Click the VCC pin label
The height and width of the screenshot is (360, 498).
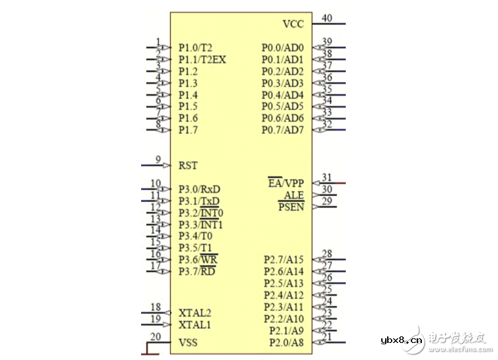(x=293, y=24)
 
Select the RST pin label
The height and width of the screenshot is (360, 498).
(x=188, y=165)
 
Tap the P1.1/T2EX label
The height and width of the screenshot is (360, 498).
(x=202, y=60)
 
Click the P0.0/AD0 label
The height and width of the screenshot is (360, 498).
(x=283, y=48)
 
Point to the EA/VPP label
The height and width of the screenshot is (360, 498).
(x=286, y=183)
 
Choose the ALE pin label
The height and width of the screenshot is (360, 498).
(x=294, y=195)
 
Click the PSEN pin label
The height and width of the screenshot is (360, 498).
(x=291, y=207)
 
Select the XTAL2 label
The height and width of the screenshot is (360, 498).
(x=195, y=313)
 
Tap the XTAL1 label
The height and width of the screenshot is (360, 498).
(x=195, y=325)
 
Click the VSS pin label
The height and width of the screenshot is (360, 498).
(x=188, y=342)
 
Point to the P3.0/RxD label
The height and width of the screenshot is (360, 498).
(x=199, y=190)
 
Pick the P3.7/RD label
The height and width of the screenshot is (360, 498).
(x=197, y=271)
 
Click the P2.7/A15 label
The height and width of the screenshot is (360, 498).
(x=283, y=260)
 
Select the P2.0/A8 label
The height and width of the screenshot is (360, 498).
(x=287, y=342)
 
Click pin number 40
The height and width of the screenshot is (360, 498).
(x=327, y=18)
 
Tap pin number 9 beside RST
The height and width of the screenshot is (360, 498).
(x=158, y=159)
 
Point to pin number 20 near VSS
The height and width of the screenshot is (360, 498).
(x=156, y=336)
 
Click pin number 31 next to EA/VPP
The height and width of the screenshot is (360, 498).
(x=327, y=177)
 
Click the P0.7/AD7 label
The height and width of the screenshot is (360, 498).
(x=283, y=130)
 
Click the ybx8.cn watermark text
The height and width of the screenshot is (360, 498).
(x=402, y=340)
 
